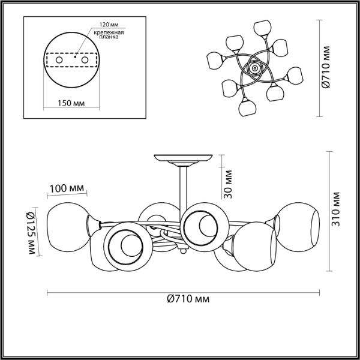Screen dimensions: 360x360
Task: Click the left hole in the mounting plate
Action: [x=59, y=61]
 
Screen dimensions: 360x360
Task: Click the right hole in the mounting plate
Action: [x=85, y=61]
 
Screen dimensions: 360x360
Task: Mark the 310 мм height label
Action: [x=335, y=205]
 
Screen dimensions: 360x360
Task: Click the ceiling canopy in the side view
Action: [x=183, y=159]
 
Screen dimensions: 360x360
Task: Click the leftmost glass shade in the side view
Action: [x=67, y=227]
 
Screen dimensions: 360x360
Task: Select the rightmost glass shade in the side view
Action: [x=298, y=225]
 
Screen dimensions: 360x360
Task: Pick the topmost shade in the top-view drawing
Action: [x=260, y=28]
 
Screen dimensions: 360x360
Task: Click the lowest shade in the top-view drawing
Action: [x=247, y=108]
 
